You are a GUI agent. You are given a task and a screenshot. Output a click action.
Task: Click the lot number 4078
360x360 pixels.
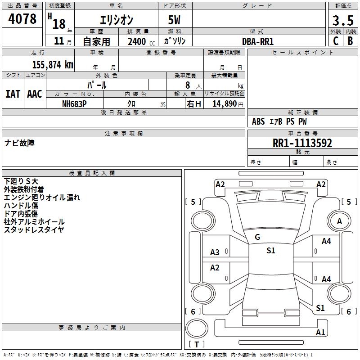[22, 19]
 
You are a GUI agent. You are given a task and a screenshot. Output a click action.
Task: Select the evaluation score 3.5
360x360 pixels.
[342, 21]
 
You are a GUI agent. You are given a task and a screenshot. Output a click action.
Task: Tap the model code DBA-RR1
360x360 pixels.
[258, 41]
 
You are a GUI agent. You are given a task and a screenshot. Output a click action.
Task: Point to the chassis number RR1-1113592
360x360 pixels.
[302, 143]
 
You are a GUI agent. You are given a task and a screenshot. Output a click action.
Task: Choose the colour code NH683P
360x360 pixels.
[74, 103]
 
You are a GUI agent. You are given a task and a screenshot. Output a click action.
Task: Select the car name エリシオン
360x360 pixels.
[116, 21]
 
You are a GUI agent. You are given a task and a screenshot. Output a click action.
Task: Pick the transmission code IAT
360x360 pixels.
[13, 94]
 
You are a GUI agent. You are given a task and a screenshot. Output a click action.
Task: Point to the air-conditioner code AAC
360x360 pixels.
[35, 94]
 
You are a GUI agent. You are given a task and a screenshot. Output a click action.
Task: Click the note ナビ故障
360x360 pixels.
[19, 143]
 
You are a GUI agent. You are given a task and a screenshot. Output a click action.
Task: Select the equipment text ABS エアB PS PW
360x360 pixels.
[279, 121]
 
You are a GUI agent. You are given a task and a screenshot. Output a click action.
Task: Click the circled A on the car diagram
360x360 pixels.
[339, 221]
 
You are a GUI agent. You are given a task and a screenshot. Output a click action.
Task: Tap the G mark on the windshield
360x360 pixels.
[257, 237]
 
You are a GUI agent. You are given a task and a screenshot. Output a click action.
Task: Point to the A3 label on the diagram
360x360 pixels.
[215, 252]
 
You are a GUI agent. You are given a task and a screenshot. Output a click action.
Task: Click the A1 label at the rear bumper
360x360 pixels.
[320, 333]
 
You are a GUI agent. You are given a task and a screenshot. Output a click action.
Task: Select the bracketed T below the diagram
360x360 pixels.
[197, 345]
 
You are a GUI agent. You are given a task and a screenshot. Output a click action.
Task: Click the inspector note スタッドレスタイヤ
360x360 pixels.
[34, 230]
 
